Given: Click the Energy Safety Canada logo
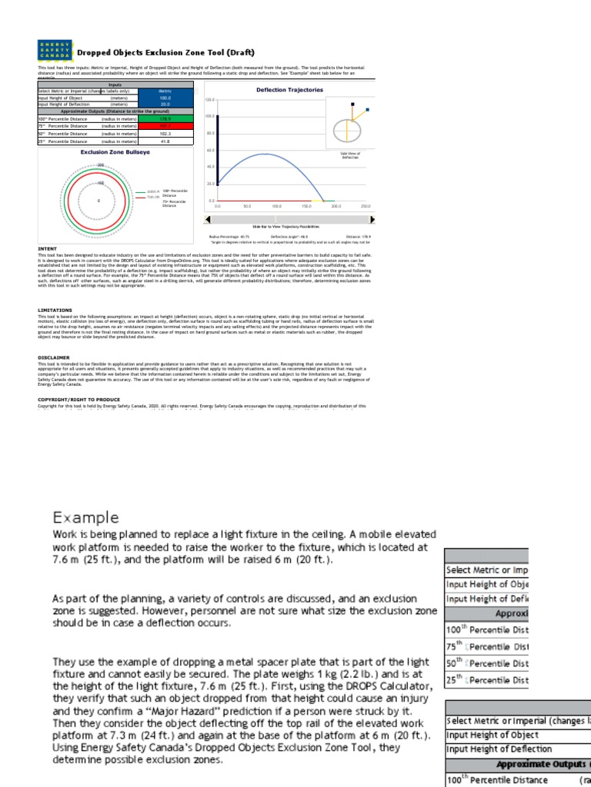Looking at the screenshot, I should [55, 51].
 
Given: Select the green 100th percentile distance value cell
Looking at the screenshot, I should [165, 119].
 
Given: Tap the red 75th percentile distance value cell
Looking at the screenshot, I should [165, 126].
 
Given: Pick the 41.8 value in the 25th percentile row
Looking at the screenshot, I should [165, 141].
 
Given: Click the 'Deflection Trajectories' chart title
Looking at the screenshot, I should [279, 90].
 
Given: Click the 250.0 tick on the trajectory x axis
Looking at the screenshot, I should [365, 207].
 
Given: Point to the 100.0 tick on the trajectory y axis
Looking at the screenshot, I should [210, 116].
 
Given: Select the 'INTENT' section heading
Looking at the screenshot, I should [47, 249].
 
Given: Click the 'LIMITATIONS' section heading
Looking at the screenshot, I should [55, 310].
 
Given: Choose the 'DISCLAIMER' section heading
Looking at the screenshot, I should [53, 357].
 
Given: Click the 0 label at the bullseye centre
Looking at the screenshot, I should [98, 200].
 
